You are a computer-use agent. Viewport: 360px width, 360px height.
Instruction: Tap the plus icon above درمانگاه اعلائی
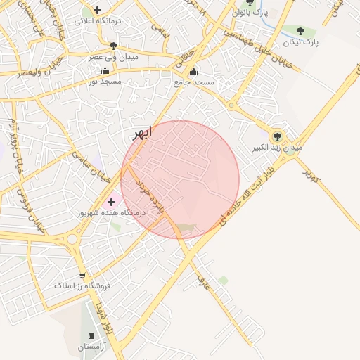click(97, 11)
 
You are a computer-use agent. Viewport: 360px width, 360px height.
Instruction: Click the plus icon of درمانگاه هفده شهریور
click(111, 202)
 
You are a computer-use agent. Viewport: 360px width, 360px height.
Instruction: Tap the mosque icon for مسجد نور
click(105, 70)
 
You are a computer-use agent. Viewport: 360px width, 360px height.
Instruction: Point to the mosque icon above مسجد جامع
click(194, 71)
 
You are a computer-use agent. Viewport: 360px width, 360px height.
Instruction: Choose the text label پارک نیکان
click(302, 42)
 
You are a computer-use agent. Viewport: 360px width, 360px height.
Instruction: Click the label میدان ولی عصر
click(113, 56)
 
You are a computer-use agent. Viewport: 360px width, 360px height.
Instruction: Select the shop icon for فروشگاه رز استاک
click(82, 275)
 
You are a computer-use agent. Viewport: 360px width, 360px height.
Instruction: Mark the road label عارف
click(204, 283)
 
